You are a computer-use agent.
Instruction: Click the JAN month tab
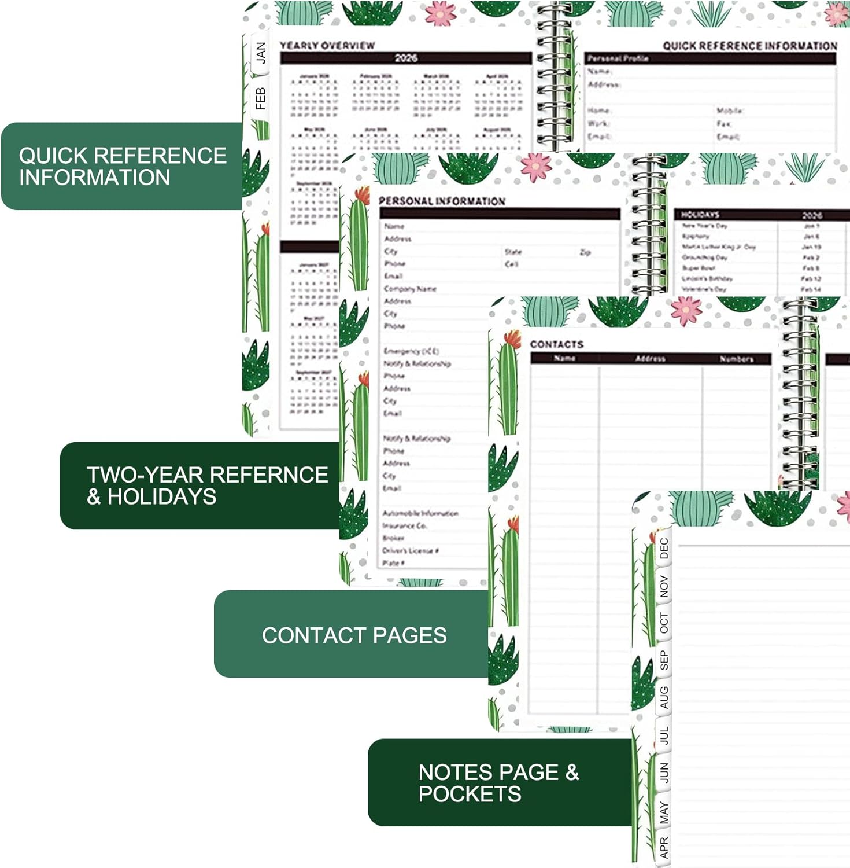click(x=261, y=53)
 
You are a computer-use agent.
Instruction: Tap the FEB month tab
click(x=261, y=99)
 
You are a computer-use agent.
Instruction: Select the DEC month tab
click(x=664, y=548)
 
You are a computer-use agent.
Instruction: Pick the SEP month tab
click(x=664, y=660)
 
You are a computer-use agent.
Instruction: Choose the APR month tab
click(x=664, y=848)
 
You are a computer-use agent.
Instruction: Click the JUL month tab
click(x=664, y=735)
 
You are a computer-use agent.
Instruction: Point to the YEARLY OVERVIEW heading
click(x=327, y=45)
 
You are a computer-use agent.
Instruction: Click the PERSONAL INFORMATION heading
click(x=442, y=201)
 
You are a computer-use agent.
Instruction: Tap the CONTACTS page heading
click(x=557, y=344)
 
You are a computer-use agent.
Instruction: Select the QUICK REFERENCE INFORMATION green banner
click(x=122, y=166)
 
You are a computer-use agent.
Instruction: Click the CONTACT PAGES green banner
click(x=353, y=635)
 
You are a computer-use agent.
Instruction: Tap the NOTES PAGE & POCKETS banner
click(x=498, y=782)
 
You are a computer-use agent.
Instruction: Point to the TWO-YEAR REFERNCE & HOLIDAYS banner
click(x=206, y=486)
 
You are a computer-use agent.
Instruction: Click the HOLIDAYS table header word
click(x=700, y=215)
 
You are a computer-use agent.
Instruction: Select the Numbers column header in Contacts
click(x=736, y=359)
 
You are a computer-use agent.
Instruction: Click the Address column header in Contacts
click(x=650, y=359)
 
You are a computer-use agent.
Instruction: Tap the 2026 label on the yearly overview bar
click(x=406, y=58)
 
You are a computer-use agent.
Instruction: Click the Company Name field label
click(x=410, y=289)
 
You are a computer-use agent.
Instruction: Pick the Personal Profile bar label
click(x=618, y=58)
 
